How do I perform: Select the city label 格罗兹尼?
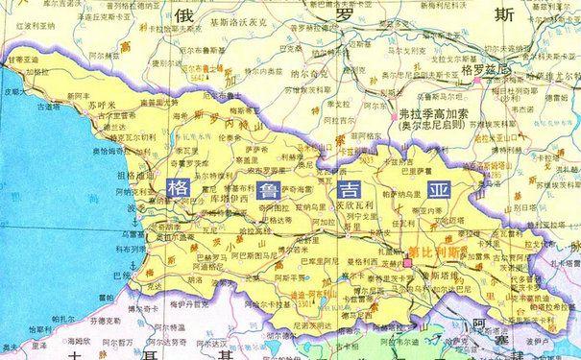tap(476, 71)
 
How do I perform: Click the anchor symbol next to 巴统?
tap(132, 264)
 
